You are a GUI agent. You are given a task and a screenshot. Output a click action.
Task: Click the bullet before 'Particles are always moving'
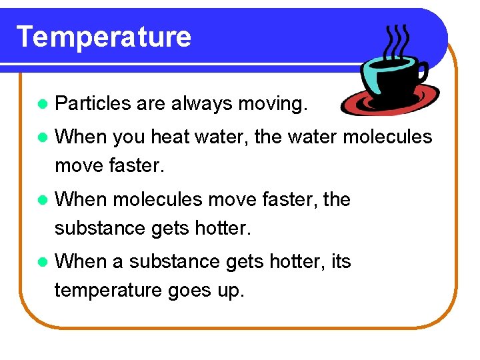pos(43,104)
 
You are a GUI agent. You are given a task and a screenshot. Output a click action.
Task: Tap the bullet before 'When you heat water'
pos(43,138)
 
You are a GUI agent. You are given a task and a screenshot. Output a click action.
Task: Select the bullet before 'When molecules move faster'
pos(43,199)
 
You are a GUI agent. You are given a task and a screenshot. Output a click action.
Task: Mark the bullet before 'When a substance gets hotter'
pos(43,261)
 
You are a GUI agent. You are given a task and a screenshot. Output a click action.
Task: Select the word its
pos(340,261)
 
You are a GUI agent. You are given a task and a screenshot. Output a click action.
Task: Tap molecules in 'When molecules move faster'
pos(156,199)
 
